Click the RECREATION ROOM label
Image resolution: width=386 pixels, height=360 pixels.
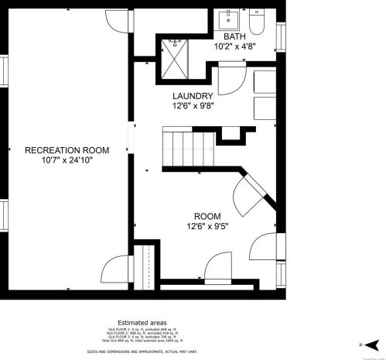point(66,149)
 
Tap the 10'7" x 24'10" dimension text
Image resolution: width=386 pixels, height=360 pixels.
point(66,160)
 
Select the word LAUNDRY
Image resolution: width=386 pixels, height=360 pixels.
point(193,95)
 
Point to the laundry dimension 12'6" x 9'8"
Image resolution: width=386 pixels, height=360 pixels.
point(193,106)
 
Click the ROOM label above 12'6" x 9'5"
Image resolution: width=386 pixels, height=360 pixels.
point(207,216)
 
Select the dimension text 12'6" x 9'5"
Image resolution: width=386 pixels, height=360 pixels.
point(207,227)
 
